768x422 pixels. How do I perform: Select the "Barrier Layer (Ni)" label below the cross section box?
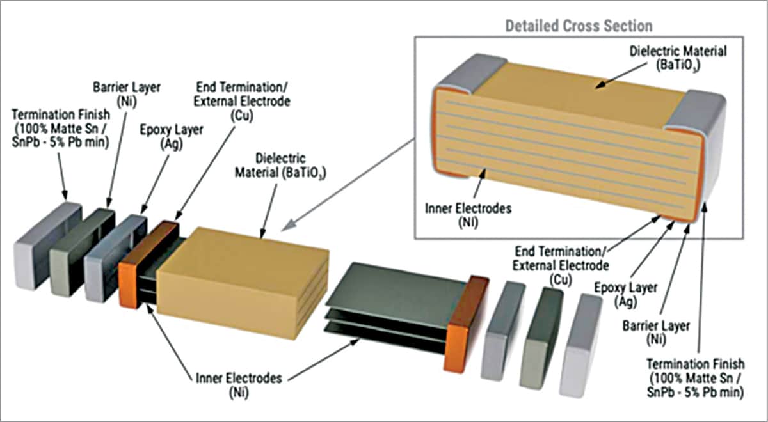(656, 333)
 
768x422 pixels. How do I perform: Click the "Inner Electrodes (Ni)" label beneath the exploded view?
(239, 385)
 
